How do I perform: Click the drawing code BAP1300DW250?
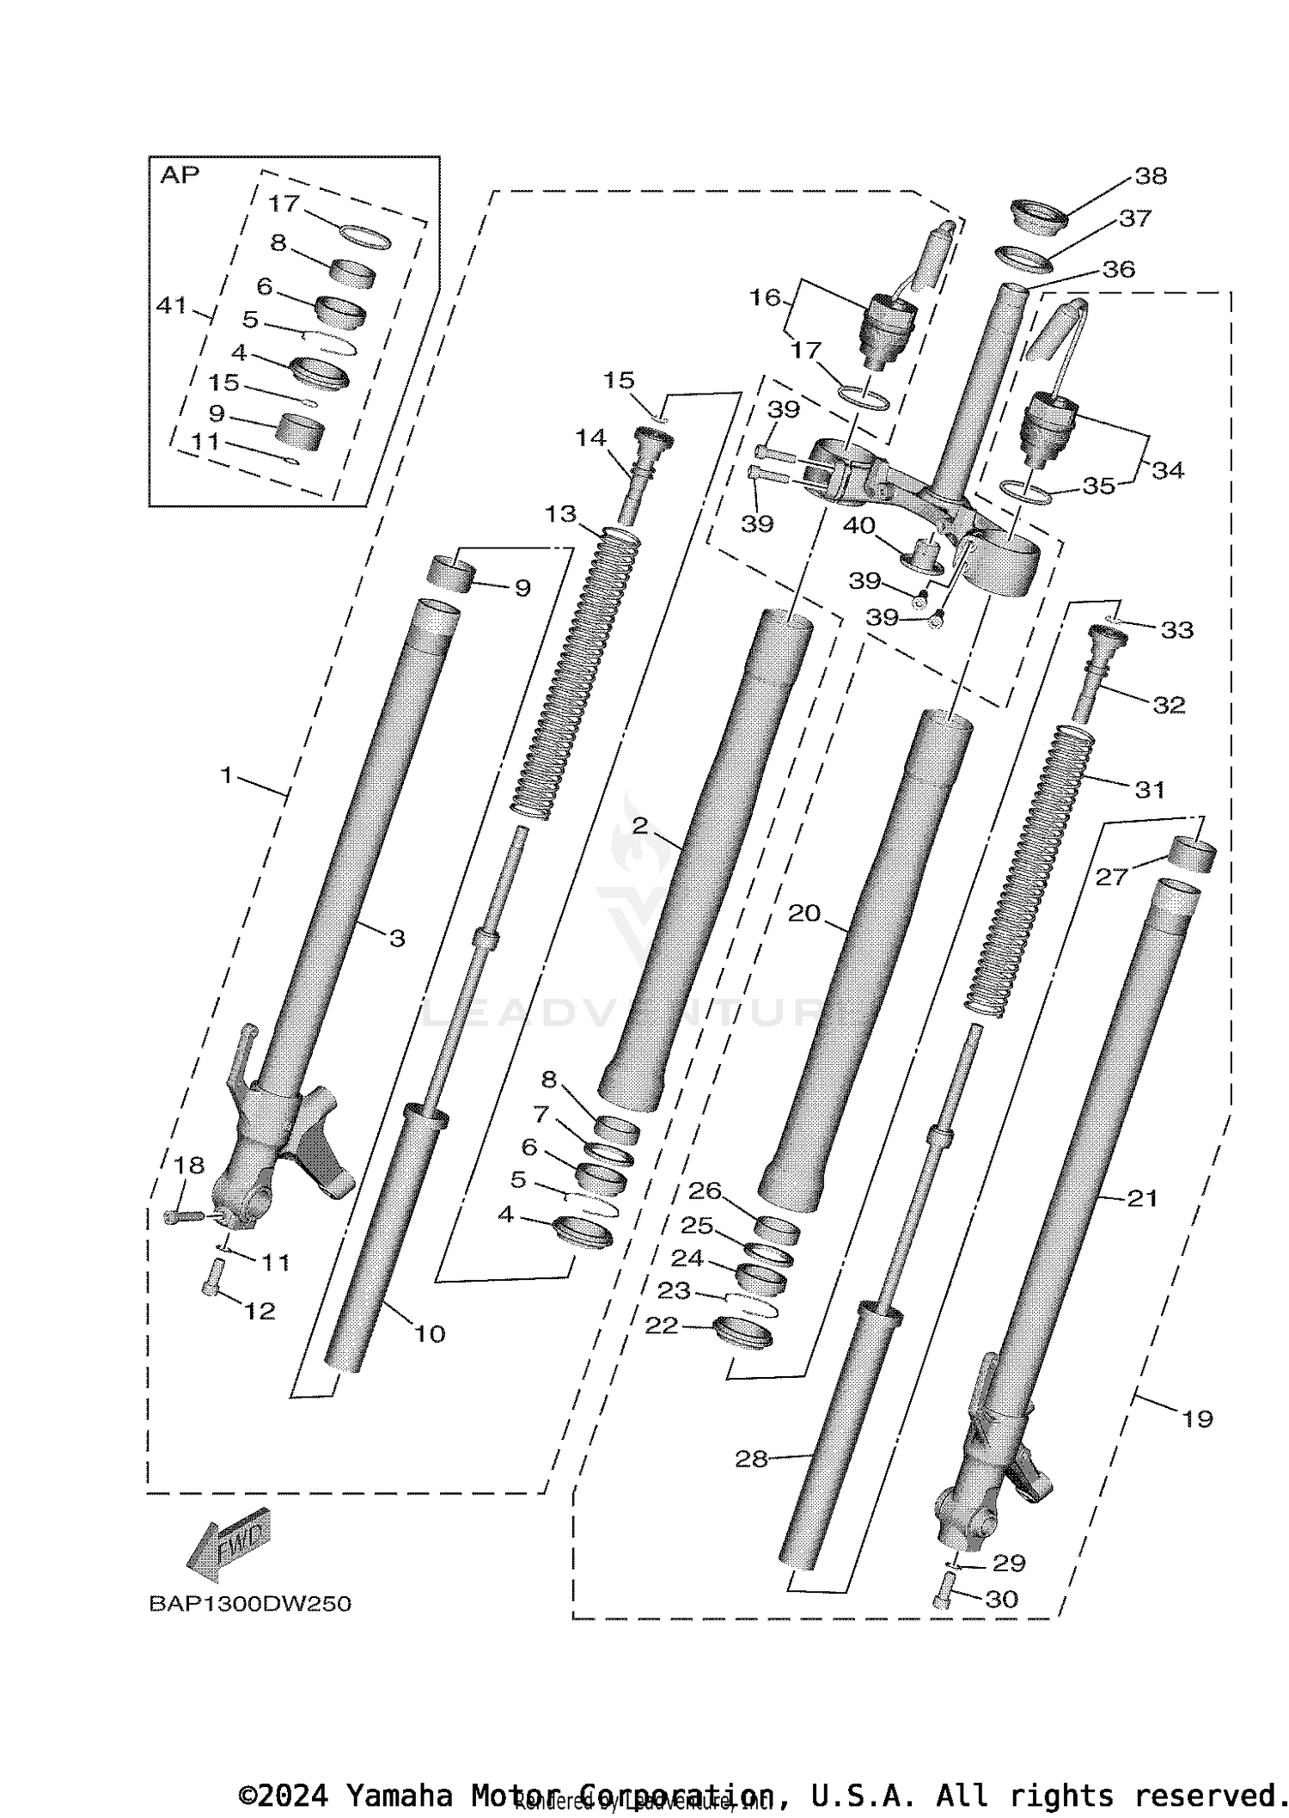(250, 1604)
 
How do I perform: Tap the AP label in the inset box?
(180, 175)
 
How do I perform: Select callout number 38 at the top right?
(1151, 175)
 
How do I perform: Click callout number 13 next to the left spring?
(560, 514)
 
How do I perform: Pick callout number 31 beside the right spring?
(1150, 788)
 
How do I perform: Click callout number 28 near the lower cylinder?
(751, 1459)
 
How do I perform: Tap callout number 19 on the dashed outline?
(1197, 1418)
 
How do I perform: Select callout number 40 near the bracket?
(859, 525)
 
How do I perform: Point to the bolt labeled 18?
(183, 1215)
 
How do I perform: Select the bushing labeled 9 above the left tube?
(452, 573)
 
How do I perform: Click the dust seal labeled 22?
(743, 1333)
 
